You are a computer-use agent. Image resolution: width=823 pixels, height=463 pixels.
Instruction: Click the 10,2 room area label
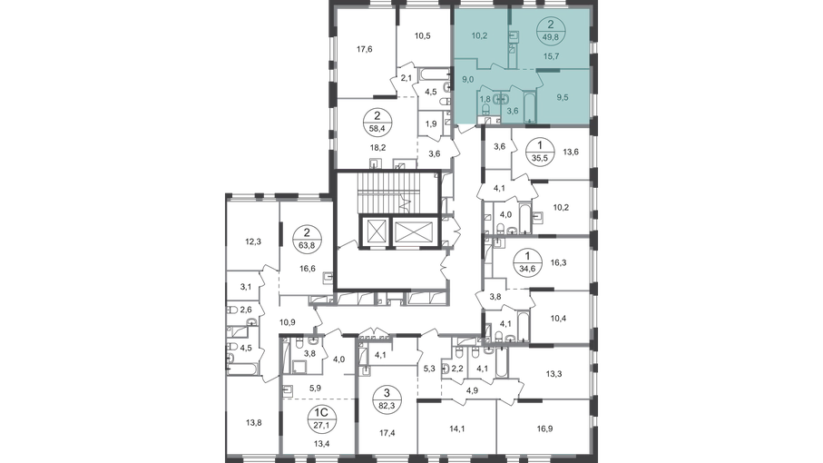tap(480, 38)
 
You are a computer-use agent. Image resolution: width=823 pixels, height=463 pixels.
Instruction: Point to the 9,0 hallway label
tap(468, 79)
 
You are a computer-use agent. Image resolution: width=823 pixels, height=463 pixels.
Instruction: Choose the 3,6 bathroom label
tap(512, 111)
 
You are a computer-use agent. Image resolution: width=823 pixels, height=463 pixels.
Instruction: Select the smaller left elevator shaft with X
tap(372, 231)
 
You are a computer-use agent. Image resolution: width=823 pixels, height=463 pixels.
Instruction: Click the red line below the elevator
tap(408, 246)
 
